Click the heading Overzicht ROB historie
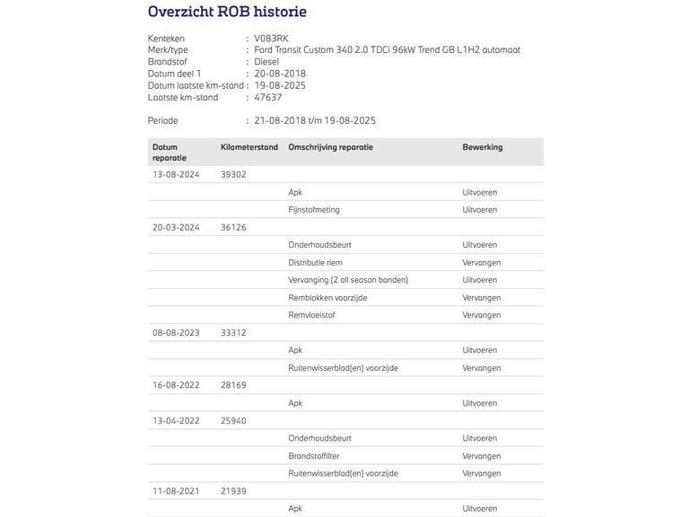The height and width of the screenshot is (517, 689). [x=227, y=13]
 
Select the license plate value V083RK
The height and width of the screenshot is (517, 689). [x=272, y=39]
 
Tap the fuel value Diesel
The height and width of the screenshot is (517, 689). [x=267, y=62]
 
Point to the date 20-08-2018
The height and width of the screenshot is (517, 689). [x=280, y=74]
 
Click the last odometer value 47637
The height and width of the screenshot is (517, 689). [x=268, y=97]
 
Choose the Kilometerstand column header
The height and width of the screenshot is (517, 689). [x=249, y=147]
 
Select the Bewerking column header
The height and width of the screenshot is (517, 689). [x=483, y=147]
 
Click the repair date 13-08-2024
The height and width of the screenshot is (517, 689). [x=176, y=175]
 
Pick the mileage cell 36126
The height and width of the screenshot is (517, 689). [x=233, y=228]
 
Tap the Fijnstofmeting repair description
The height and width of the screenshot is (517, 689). [x=314, y=210]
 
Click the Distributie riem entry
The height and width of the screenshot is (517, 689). [x=315, y=263]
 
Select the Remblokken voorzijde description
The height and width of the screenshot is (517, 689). [x=327, y=298]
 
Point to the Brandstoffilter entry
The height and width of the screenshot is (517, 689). [x=313, y=456]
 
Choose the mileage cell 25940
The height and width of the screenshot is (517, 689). [x=233, y=421]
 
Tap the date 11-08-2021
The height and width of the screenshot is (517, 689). [x=176, y=491]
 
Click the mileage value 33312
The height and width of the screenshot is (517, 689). [x=233, y=333]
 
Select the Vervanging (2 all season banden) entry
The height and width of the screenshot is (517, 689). [x=348, y=280]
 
